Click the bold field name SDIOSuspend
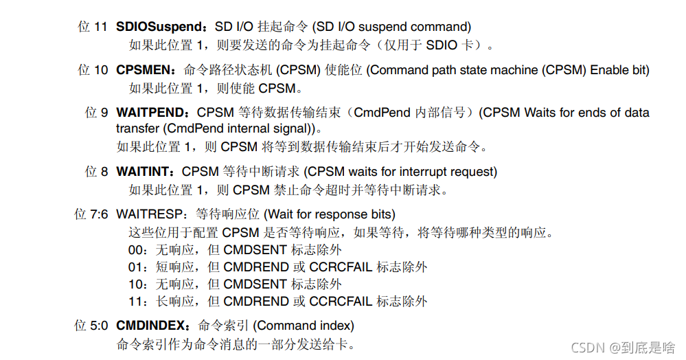[158, 27]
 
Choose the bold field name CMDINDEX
[151, 326]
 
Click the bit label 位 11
[93, 27]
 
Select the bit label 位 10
[93, 70]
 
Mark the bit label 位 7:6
[91, 214]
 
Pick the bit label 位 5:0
[91, 326]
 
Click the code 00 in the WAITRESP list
[135, 250]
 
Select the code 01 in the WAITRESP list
[135, 267]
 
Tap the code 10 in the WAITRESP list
[135, 284]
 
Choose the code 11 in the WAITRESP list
[135, 302]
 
